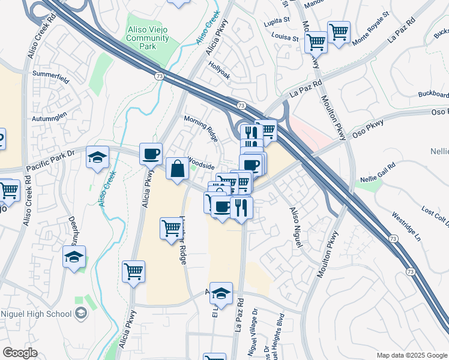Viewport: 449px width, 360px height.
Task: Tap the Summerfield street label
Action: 50,74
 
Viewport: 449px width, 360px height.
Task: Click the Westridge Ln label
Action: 406,223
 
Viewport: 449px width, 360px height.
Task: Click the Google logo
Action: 20,352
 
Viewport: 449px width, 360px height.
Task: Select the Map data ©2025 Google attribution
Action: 411,355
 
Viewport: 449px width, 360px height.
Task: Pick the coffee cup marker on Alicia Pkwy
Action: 151,154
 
